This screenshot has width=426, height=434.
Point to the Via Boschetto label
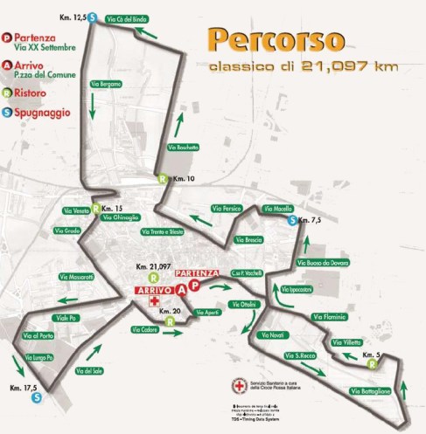point(182,148)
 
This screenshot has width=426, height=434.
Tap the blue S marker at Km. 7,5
point(292,220)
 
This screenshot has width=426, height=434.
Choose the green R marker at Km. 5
point(373,363)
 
